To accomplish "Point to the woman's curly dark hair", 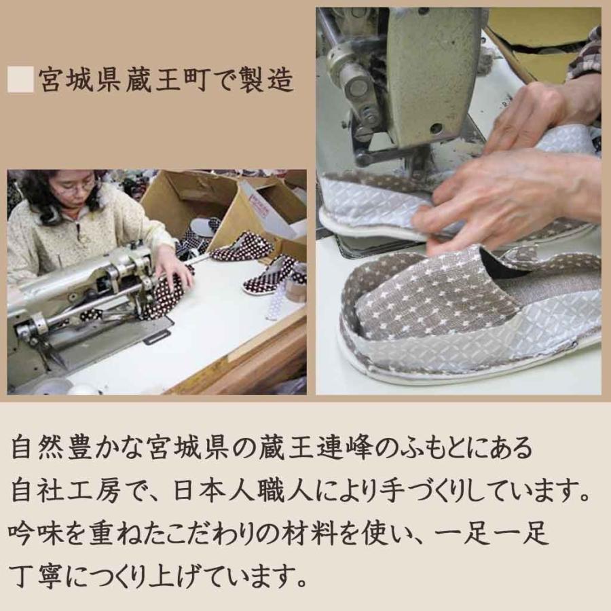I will (41, 193).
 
